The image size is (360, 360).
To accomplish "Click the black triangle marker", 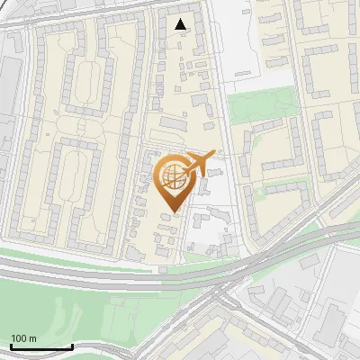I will coord(182,24).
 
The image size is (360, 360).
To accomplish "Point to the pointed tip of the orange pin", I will coord(173,212).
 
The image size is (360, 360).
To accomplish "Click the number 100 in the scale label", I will coord(19,338).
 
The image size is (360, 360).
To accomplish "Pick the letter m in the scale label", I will coord(32,338).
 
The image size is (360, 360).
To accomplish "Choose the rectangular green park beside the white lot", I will coord(261,107).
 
